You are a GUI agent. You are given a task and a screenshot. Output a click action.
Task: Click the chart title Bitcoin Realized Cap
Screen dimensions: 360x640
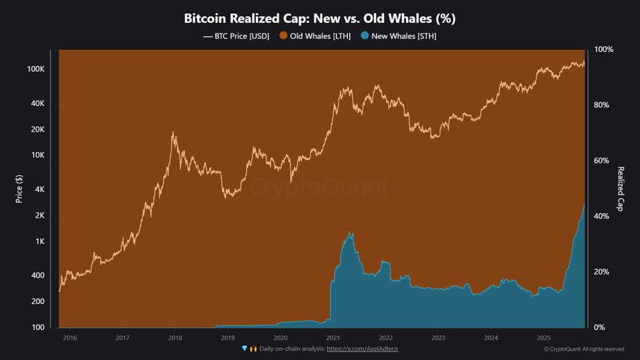pos(319,17)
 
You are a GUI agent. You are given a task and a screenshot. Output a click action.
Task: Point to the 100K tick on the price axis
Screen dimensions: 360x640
pos(36,70)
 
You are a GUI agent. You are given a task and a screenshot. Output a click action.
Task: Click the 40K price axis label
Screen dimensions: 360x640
pos(37,104)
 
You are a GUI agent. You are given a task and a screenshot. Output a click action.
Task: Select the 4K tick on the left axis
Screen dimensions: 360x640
pos(38,190)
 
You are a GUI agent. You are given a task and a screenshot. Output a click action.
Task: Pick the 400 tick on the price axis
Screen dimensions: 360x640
pos(37,275)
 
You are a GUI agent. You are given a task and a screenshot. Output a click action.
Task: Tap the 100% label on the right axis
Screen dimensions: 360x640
pos(603,50)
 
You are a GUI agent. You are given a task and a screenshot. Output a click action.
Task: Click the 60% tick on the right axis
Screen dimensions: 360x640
pos(602,161)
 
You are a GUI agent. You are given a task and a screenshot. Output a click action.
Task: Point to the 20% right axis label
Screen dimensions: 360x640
pos(602,272)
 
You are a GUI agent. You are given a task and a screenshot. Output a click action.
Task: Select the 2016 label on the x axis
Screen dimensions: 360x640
pos(70,338)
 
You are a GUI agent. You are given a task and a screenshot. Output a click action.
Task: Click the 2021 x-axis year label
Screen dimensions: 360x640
pos(333,338)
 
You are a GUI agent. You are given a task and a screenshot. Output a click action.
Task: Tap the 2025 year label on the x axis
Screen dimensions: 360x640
pos(543,338)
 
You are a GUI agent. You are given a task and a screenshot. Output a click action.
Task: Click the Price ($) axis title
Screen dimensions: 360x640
pos(19,189)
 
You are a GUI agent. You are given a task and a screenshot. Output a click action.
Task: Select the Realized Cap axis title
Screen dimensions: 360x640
pos(620,189)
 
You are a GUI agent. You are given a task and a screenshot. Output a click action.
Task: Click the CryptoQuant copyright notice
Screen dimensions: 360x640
pos(583,349)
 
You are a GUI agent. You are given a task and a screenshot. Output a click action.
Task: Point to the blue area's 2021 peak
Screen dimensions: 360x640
pos(349,232)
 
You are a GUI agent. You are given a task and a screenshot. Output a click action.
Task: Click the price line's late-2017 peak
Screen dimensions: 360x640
pos(173,132)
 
